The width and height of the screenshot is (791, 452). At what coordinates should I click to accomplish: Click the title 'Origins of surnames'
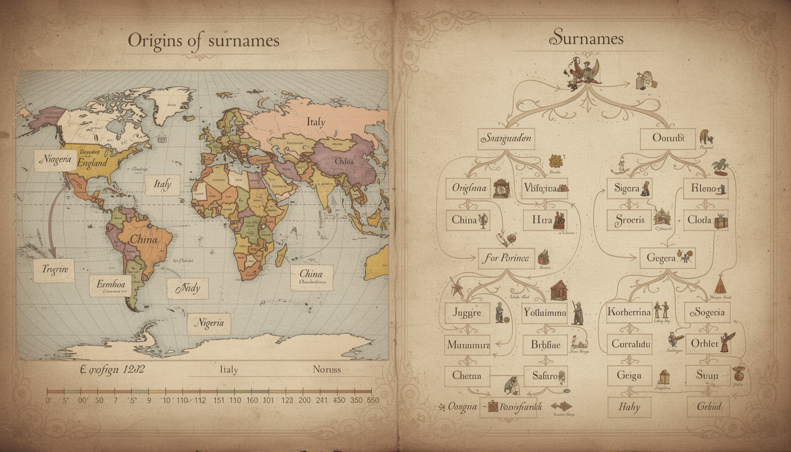[x=203, y=41]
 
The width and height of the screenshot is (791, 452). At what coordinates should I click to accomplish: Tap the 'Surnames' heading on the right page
[x=586, y=39]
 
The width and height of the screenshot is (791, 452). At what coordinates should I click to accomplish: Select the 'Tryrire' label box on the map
[x=54, y=270]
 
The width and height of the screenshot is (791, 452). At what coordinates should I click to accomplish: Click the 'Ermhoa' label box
[x=110, y=285]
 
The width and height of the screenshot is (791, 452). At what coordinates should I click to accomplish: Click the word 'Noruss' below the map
[x=326, y=370]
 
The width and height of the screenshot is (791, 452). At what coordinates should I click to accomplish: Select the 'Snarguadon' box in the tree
[x=506, y=139]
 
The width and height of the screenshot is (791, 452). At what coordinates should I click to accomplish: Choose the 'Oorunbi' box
[x=667, y=139]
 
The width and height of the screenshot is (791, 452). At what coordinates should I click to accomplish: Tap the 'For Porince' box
[x=506, y=258]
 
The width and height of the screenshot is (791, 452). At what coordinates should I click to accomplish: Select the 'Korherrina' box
[x=629, y=313]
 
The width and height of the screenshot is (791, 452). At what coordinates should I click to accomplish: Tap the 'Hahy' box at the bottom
[x=629, y=407]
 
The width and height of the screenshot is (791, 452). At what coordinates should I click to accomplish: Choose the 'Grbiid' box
[x=707, y=407]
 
